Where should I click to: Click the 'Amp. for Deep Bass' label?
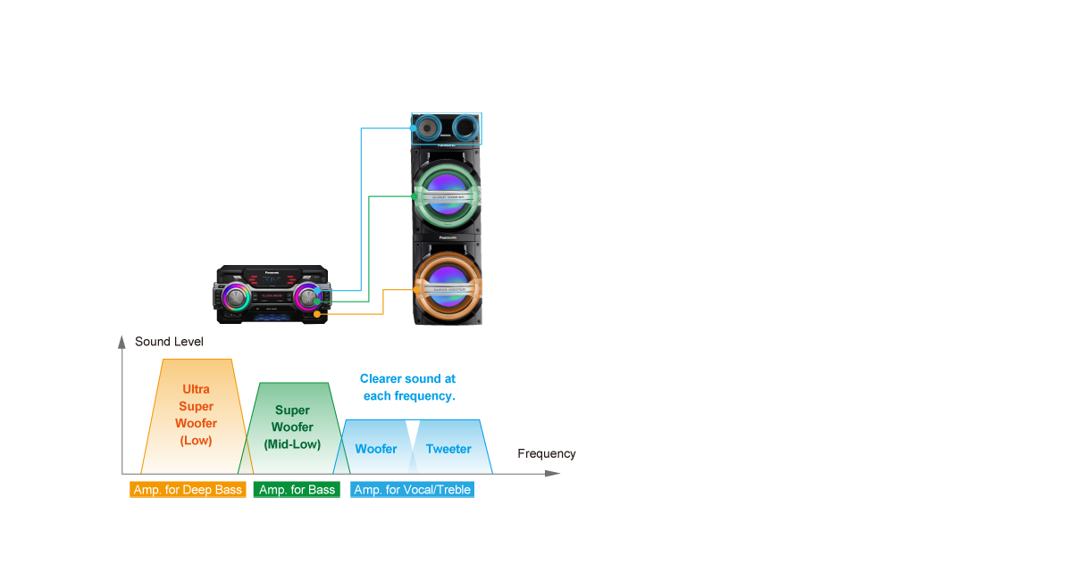click(x=188, y=490)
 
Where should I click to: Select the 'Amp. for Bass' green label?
click(x=297, y=490)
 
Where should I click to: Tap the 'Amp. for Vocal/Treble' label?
click(x=412, y=490)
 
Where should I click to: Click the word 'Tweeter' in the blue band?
click(x=448, y=449)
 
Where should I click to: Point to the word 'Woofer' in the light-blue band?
click(x=376, y=449)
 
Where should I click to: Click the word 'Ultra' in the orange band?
click(x=196, y=390)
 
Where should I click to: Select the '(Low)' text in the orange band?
click(x=196, y=440)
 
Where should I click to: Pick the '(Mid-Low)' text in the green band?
click(x=292, y=444)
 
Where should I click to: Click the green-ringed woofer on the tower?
click(x=447, y=193)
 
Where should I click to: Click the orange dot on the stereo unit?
click(x=318, y=313)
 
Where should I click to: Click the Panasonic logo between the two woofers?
click(x=447, y=237)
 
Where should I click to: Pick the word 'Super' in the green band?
click(x=292, y=410)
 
